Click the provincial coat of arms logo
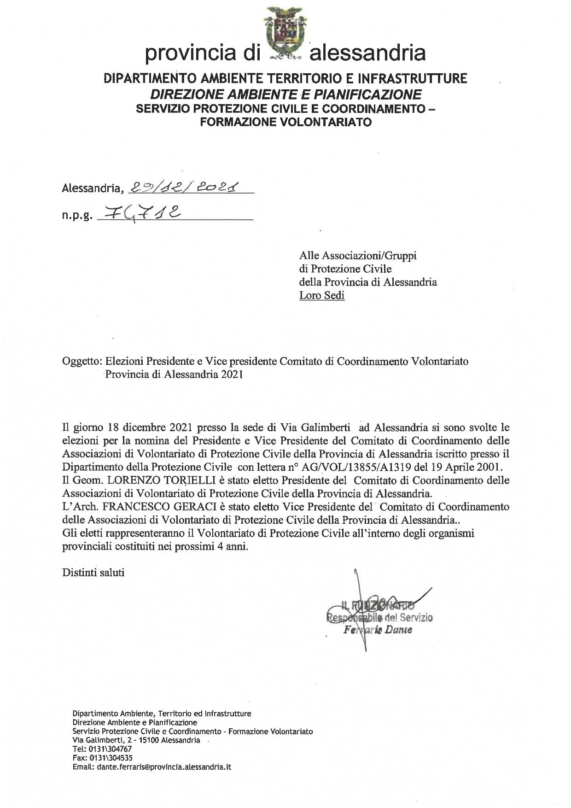[x=284, y=35]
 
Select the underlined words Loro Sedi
[x=321, y=295]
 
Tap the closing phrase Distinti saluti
[x=93, y=573]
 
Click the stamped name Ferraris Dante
[x=378, y=630]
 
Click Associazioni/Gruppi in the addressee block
[x=358, y=255]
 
